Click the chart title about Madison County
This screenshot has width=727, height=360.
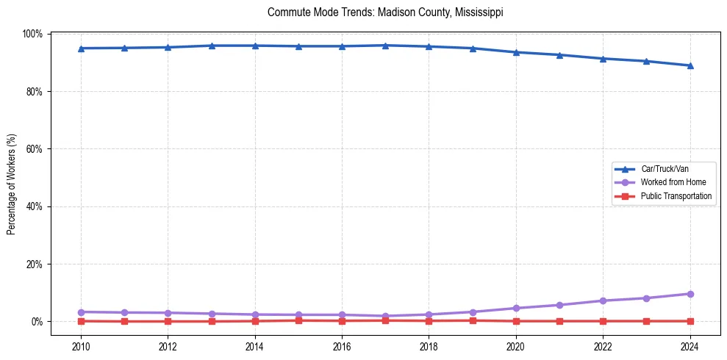tap(385, 12)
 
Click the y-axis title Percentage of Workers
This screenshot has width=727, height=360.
tap(12, 184)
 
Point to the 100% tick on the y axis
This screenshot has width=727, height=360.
tap(32, 34)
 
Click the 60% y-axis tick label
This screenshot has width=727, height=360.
tap(34, 149)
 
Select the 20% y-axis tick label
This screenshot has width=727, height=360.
tap(34, 264)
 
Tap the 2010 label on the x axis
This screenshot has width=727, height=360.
tap(81, 346)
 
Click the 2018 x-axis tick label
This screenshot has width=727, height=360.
tap(429, 346)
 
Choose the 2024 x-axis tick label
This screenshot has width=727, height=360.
tap(690, 346)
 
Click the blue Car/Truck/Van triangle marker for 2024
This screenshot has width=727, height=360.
tap(690, 65)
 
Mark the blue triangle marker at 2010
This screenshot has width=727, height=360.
tap(81, 48)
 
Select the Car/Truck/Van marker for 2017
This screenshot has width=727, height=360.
tap(385, 46)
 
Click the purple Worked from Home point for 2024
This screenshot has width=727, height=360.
tap(690, 294)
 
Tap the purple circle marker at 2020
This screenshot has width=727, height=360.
tap(516, 308)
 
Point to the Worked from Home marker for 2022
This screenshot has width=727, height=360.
tap(603, 300)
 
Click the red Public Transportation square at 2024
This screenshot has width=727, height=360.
tap(690, 321)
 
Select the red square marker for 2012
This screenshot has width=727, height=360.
tap(168, 321)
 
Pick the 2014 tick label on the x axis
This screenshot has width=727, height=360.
tap(254, 346)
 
